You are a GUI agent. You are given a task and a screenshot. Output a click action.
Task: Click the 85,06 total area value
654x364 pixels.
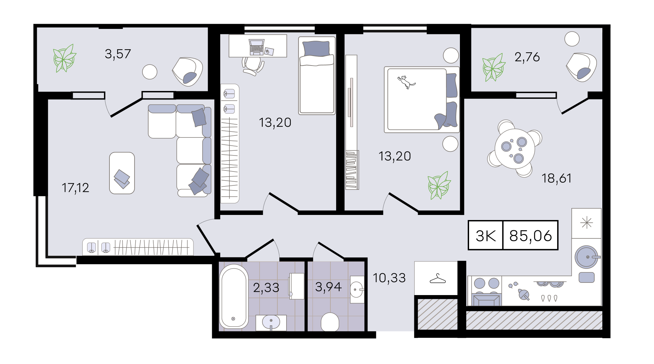click(x=530, y=236)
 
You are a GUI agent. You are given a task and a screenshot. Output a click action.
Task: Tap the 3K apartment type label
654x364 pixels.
click(x=486, y=236)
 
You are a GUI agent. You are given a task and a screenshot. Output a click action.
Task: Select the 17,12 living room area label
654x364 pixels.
click(x=75, y=188)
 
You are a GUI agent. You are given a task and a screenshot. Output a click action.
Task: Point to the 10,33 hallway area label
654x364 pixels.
click(x=389, y=278)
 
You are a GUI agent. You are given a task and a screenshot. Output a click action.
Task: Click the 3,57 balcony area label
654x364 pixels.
click(x=118, y=54)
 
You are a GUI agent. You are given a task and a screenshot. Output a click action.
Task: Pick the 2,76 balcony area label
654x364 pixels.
click(x=527, y=57)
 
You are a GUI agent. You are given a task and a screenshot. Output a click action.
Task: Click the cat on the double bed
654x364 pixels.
click(x=406, y=82)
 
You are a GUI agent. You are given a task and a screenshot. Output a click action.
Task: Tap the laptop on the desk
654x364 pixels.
click(x=256, y=47)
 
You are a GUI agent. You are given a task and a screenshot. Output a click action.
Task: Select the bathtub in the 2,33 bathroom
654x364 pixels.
click(x=234, y=296)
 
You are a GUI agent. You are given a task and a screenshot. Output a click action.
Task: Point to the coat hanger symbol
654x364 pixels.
click(x=437, y=279)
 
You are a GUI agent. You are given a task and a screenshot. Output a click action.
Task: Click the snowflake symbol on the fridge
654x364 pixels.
click(x=587, y=223)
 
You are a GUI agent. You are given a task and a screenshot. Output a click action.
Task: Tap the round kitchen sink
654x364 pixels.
click(x=586, y=257)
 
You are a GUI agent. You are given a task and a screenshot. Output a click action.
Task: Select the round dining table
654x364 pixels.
click(x=515, y=149)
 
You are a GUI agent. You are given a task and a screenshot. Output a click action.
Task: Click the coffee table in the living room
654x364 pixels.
click(x=122, y=173)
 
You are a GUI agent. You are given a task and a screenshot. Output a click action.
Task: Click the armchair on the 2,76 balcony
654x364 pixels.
click(x=581, y=67)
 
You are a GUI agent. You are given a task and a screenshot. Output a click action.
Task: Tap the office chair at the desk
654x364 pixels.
click(x=252, y=66)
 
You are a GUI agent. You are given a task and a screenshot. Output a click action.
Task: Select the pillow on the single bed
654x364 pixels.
click(x=316, y=49)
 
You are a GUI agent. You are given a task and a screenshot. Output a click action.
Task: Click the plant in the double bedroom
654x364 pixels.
click(x=439, y=185)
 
